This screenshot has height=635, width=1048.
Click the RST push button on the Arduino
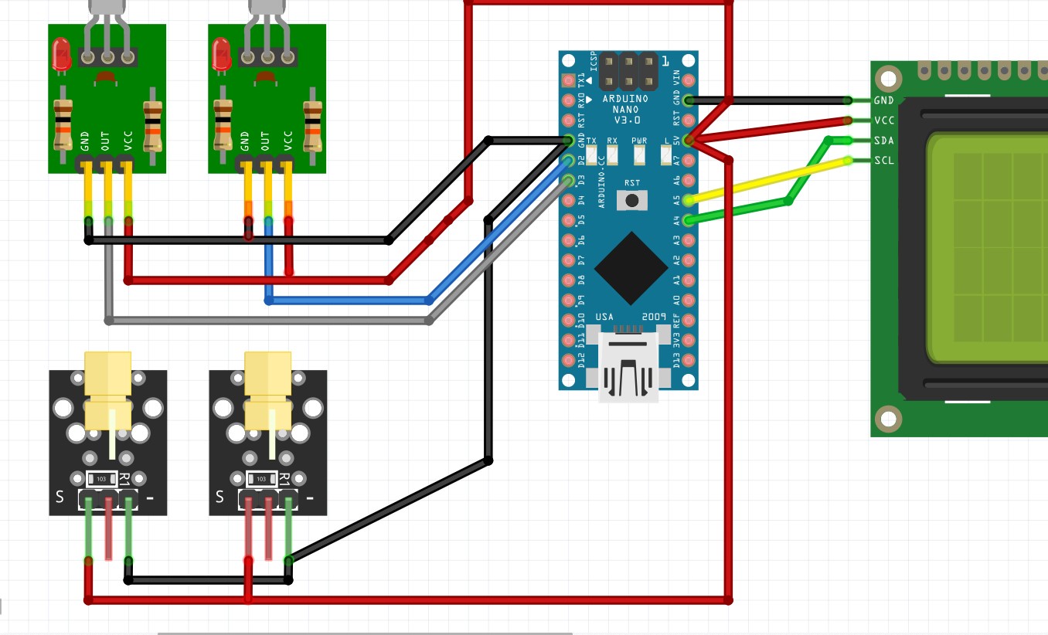(x=632, y=201)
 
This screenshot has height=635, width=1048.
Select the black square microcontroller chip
(x=631, y=268)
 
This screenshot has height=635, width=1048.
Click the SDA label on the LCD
(x=884, y=141)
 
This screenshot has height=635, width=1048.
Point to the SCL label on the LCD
(x=884, y=161)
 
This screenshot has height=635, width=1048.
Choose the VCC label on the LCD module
(x=884, y=121)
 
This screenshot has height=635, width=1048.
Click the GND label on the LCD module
(x=884, y=100)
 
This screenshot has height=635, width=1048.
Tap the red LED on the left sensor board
(x=61, y=55)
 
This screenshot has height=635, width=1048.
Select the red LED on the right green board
(x=221, y=55)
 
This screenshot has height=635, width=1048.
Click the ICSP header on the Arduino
(x=629, y=71)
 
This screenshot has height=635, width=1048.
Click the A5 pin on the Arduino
(x=688, y=199)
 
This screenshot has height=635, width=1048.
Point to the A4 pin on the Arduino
(x=688, y=220)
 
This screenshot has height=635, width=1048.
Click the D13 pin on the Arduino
(x=688, y=360)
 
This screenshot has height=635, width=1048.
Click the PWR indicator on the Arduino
(x=639, y=155)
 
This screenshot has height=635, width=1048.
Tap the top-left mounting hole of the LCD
(x=888, y=79)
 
